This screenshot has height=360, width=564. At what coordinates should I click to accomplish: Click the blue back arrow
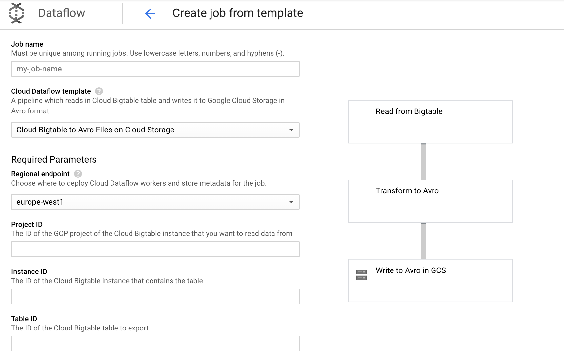(150, 13)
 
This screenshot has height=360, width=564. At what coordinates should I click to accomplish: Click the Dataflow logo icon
(16, 13)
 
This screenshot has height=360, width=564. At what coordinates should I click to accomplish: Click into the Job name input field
(155, 69)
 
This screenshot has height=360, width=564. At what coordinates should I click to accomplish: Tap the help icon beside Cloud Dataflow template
(99, 91)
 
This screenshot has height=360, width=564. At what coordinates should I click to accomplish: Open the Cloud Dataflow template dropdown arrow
(291, 130)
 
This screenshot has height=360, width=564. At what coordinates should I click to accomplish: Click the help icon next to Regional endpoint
(78, 174)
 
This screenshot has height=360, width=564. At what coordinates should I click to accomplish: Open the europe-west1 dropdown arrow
(291, 202)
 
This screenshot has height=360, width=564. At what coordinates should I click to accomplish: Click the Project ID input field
(155, 249)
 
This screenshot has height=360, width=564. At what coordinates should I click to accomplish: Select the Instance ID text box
(155, 296)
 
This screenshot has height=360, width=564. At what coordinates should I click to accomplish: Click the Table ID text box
(155, 344)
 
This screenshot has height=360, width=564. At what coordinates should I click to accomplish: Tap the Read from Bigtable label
(409, 111)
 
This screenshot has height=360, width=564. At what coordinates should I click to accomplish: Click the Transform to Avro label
(407, 191)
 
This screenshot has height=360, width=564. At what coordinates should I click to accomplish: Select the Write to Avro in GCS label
(411, 270)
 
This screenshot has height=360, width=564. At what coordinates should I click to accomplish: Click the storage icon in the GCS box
(361, 275)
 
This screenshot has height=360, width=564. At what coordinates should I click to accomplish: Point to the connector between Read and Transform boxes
(424, 161)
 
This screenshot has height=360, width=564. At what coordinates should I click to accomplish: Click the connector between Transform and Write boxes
(424, 241)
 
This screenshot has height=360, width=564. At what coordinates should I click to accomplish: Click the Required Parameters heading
(54, 160)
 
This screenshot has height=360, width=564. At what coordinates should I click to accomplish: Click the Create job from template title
(238, 13)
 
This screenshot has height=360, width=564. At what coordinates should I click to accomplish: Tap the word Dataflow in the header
(62, 13)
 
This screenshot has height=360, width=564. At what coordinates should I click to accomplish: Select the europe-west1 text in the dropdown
(40, 202)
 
